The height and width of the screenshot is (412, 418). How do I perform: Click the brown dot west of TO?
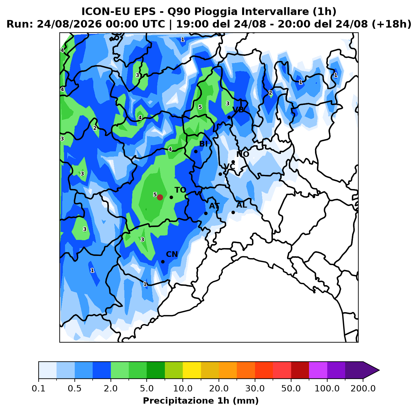click(x=160, y=197)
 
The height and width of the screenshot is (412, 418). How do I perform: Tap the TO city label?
click(x=181, y=190)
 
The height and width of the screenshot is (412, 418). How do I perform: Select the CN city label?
click(x=172, y=254)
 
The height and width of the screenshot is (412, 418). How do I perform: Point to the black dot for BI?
click(x=196, y=151)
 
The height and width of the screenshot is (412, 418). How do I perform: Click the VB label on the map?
click(x=238, y=110)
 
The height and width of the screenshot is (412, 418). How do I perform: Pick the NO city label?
click(x=243, y=154)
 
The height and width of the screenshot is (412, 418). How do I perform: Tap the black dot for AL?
click(x=233, y=212)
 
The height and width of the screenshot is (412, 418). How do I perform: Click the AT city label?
click(x=214, y=206)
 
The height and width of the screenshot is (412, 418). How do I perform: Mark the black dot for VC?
click(x=220, y=174)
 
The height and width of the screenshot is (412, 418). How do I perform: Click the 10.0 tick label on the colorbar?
click(x=183, y=388)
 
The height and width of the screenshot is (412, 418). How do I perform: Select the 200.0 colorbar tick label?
click(x=363, y=388)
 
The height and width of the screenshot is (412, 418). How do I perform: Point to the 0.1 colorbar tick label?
click(x=39, y=388)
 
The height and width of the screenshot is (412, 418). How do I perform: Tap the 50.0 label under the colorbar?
click(x=291, y=388)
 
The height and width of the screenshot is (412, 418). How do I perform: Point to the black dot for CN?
click(x=163, y=262)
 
